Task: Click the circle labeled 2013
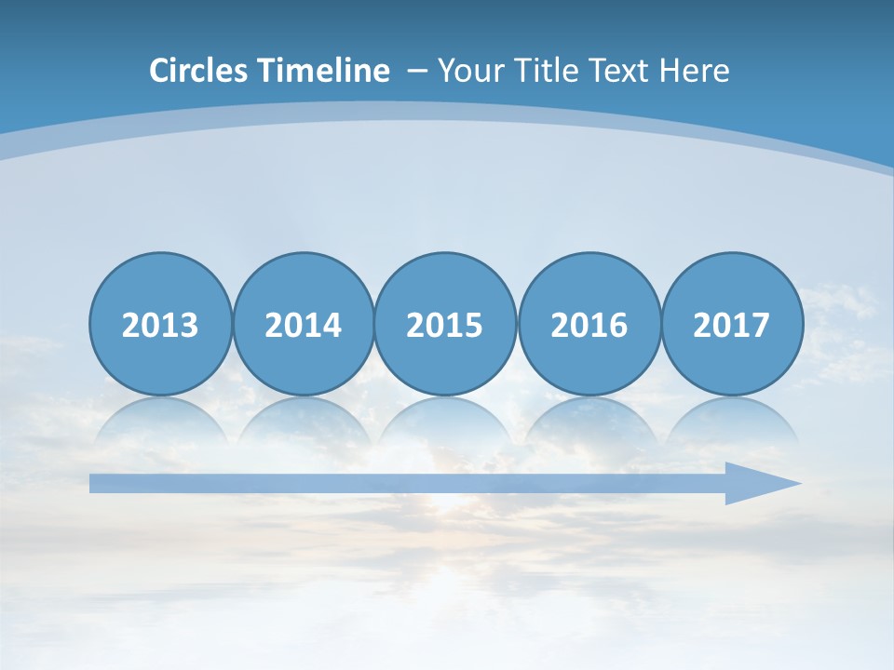tap(160, 324)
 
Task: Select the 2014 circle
tap(303, 324)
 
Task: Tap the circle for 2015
tap(445, 324)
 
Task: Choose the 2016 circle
tap(589, 324)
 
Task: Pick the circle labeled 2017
tap(731, 324)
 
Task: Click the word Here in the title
tap(695, 71)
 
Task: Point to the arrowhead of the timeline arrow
tap(768, 483)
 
